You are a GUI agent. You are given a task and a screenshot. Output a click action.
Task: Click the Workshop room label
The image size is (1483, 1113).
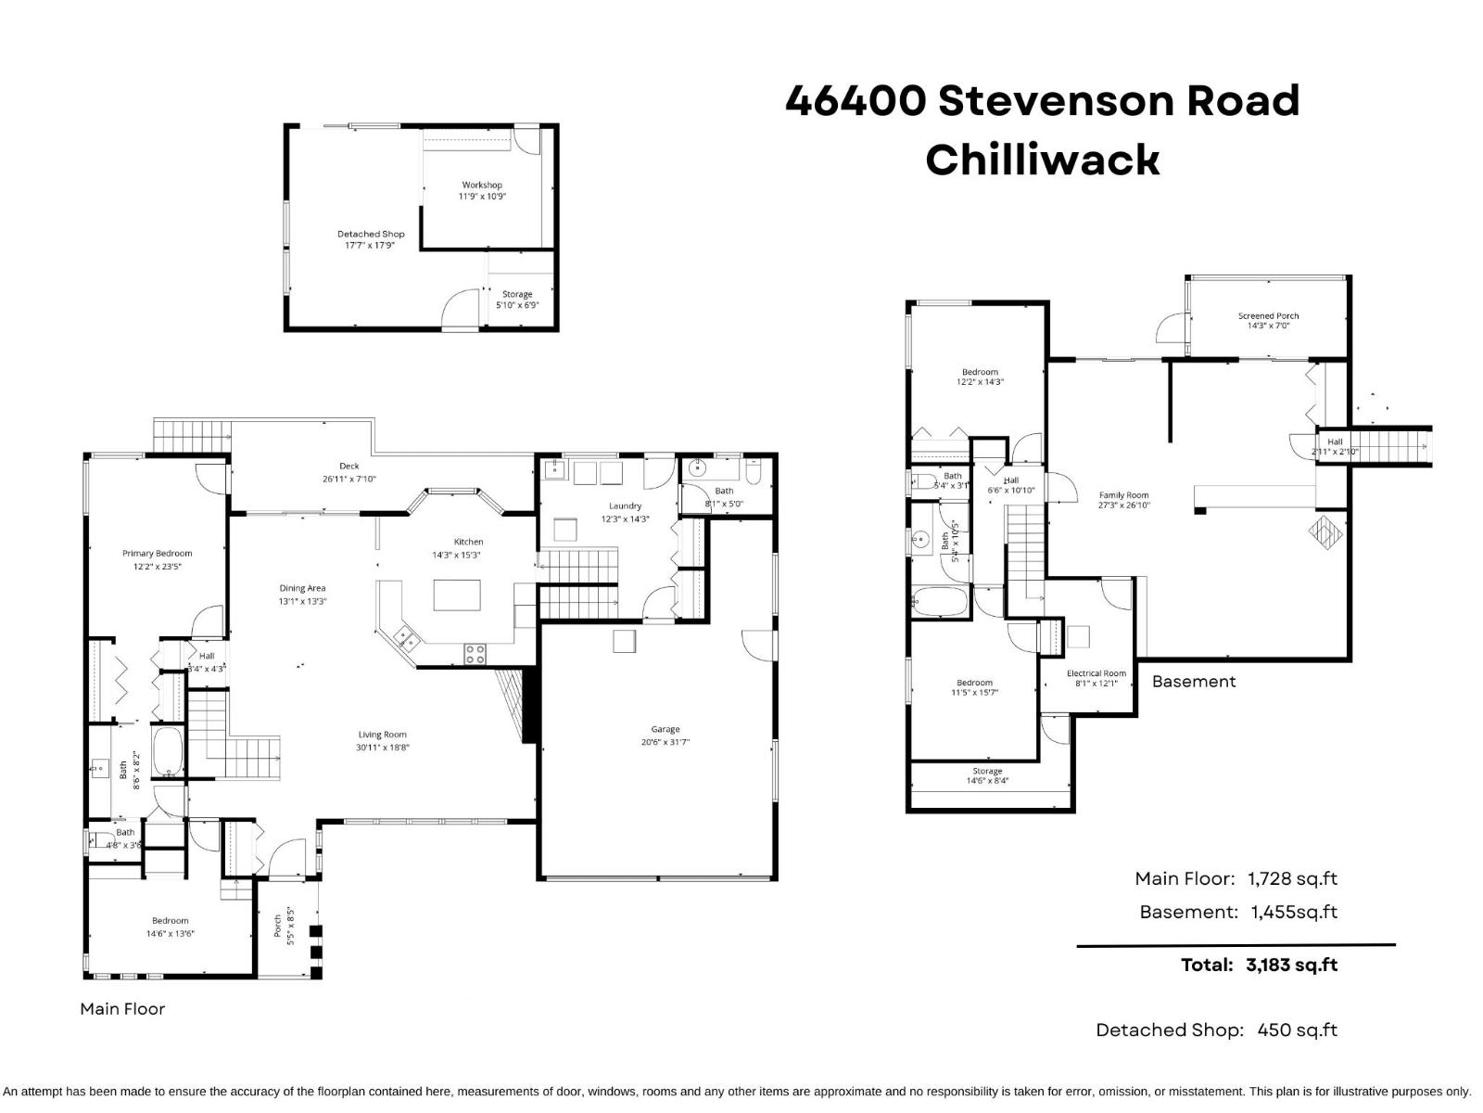coord(482,185)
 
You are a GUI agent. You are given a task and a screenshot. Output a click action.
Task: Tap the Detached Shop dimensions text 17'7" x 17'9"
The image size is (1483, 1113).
coord(370,246)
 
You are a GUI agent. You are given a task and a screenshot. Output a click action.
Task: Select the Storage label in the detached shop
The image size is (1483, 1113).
coord(517,294)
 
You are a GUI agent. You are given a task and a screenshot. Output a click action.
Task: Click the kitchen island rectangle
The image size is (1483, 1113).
coord(457,595)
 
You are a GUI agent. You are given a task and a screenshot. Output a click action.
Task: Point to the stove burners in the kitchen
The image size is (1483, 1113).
coord(475,654)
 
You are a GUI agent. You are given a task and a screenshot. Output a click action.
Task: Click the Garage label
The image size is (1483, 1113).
coord(665,729)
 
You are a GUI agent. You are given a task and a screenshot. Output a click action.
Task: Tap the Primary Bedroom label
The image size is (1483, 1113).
coord(157,554)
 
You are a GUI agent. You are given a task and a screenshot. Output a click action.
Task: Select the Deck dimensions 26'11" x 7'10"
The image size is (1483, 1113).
coord(349,480)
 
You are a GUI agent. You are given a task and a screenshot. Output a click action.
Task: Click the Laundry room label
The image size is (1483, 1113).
coord(626,505)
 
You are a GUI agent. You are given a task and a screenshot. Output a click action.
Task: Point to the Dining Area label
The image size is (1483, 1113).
coord(302,588)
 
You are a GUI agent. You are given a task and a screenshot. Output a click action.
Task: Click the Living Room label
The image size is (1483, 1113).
coord(383,735)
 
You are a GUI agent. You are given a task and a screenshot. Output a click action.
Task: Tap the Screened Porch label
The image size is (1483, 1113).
coord(1268,315)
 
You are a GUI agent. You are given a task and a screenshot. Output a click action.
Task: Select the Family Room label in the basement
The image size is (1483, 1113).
coord(1123,495)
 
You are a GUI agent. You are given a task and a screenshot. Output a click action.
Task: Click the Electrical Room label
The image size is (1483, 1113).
coord(1096,673)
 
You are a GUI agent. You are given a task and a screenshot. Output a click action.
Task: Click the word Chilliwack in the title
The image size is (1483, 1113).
coord(1042,160)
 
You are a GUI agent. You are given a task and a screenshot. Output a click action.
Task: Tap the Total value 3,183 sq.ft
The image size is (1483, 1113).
coord(1291,965)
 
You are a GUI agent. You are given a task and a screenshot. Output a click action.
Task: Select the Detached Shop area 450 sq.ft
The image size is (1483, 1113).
coord(1297,1030)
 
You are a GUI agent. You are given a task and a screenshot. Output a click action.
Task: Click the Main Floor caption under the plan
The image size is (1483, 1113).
coord(122,1008)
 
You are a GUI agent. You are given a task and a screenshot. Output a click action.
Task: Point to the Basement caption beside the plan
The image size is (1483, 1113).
coord(1193,681)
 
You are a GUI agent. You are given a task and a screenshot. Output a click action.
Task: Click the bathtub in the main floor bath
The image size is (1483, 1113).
coord(169,752)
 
